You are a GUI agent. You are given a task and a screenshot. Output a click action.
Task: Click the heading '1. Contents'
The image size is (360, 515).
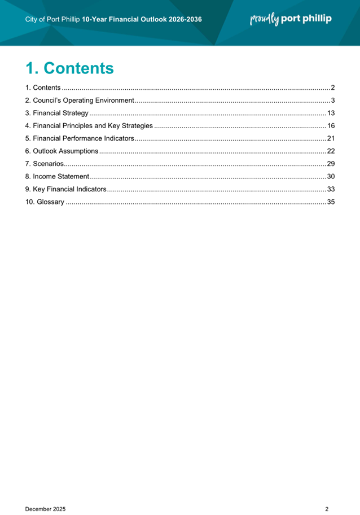(69, 68)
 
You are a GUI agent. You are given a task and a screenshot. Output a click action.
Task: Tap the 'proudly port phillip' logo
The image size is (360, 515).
(291, 19)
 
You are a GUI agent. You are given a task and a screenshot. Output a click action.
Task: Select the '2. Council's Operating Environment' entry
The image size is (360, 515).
(80, 101)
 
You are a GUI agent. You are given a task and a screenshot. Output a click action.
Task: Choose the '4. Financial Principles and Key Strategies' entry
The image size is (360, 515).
(89, 125)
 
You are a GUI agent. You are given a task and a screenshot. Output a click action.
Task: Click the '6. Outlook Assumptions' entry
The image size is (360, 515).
(62, 151)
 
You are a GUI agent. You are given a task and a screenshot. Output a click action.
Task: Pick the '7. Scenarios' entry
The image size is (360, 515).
(45, 163)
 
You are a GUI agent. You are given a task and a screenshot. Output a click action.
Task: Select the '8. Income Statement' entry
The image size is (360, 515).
(57, 176)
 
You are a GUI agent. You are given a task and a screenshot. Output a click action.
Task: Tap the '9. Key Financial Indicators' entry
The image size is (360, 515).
(66, 189)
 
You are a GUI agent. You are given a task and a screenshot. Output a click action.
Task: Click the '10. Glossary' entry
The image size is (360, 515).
(45, 202)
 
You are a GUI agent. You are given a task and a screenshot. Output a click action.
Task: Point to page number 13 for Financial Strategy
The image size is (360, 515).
(331, 113)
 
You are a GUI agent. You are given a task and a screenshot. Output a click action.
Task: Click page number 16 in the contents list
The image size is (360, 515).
(331, 125)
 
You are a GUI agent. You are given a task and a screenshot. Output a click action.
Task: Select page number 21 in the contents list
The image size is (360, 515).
(331, 138)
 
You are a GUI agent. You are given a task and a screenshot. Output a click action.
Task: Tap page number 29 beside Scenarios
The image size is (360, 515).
(331, 163)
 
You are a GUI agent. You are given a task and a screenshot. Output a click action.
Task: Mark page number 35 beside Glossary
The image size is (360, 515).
(331, 202)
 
